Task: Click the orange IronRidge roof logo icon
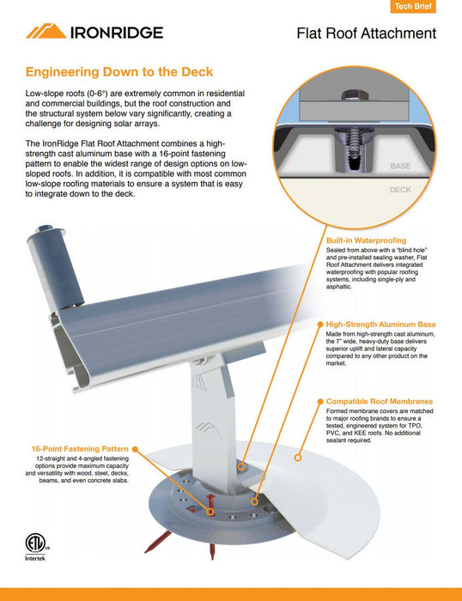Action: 45,32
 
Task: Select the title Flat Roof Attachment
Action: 366,34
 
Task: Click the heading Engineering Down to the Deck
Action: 119,72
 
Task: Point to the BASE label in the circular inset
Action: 400,166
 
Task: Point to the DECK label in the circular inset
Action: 400,190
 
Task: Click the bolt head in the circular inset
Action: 354,94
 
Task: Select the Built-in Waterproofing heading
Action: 366,240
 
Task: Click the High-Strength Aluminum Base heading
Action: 380,325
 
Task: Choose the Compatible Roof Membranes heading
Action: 380,401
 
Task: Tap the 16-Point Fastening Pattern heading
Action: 80,449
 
